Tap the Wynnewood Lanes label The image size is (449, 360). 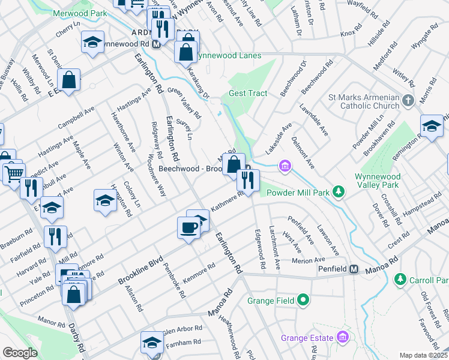tap(229, 56)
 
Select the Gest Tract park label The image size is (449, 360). tap(247, 94)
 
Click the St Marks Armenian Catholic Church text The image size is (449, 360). tap(363, 101)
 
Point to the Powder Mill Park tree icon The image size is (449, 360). tap(339, 192)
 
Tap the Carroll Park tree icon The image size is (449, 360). tap(400, 280)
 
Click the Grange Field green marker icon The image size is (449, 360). tap(304, 299)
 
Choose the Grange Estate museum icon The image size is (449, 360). tap(343, 338)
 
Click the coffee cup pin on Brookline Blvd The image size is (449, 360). tap(188, 227)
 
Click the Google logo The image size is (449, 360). tap(20, 353)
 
